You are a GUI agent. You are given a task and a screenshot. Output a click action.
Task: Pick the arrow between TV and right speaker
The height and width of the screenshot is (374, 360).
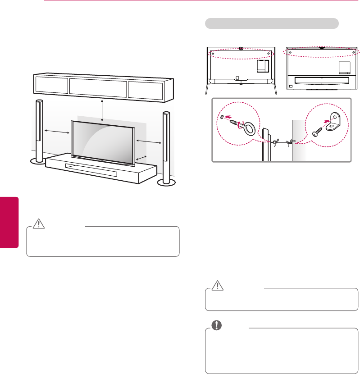tap(149, 142)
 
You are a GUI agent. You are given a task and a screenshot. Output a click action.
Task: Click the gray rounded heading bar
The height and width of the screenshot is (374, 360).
tap(272, 23)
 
